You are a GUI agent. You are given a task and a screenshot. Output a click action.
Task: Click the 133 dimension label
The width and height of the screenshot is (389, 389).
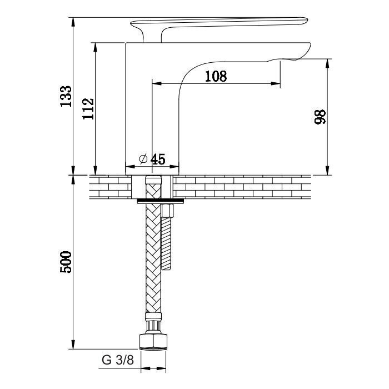click(66, 96)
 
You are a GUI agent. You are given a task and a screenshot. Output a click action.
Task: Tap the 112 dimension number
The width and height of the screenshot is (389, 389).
click(88, 109)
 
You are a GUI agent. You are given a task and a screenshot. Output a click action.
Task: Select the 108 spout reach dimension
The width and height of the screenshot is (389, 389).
click(216, 76)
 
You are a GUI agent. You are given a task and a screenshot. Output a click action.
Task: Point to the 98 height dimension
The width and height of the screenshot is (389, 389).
click(320, 117)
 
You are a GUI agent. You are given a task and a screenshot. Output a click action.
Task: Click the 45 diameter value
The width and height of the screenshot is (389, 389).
click(158, 159)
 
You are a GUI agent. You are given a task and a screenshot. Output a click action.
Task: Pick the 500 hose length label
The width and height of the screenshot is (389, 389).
click(66, 262)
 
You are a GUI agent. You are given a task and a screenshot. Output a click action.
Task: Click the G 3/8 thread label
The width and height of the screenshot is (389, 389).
click(118, 360)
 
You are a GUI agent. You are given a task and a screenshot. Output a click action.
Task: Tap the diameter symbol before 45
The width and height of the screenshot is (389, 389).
click(143, 159)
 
